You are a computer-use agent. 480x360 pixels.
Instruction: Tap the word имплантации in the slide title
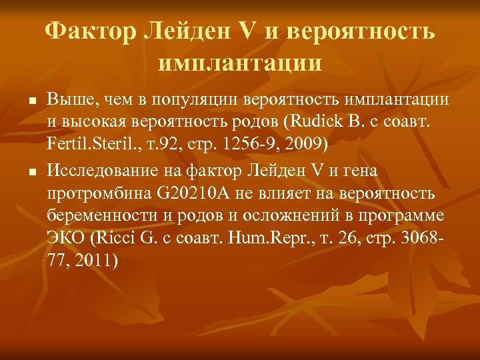[x=240, y=63]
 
